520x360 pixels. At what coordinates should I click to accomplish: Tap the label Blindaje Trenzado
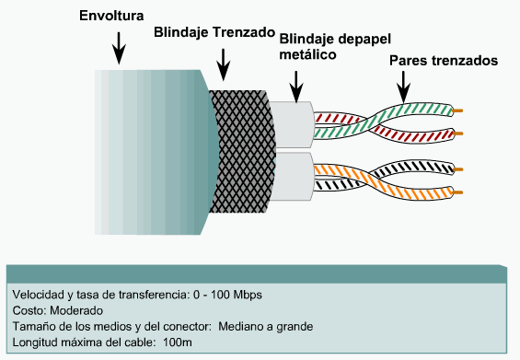214,30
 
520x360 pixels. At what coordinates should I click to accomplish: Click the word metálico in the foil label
306,55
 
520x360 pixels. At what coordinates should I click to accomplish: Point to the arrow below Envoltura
119,48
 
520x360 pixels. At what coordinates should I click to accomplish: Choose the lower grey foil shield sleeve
295,176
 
